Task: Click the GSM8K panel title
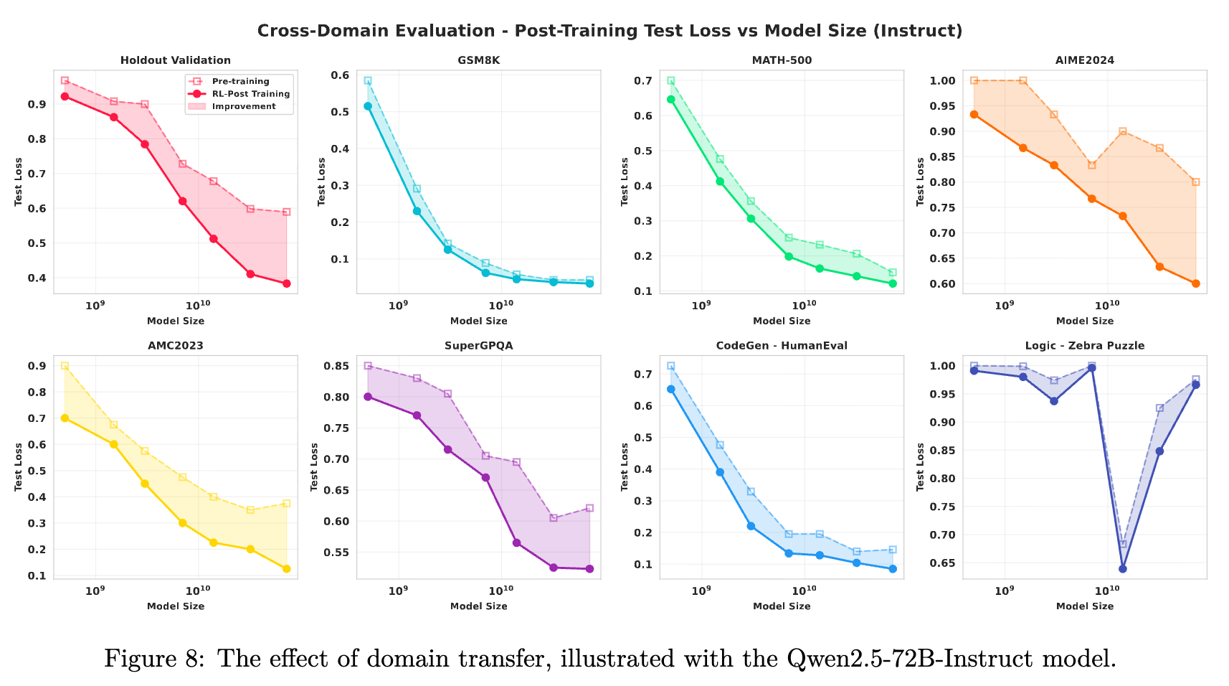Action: tap(478, 60)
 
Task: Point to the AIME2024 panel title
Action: tap(1084, 60)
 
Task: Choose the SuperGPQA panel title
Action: tap(478, 345)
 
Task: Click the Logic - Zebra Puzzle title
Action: tap(1084, 345)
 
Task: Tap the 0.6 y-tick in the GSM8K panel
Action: tap(341, 75)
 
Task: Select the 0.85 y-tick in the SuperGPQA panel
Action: tap(336, 366)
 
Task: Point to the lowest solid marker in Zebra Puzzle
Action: tap(1123, 569)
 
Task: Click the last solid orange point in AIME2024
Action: tap(1196, 283)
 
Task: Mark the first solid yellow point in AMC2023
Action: tap(65, 418)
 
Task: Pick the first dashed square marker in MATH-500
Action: tap(671, 81)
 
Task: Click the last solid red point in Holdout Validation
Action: tap(287, 283)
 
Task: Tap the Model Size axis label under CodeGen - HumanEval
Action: tap(782, 606)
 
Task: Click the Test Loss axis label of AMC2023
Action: tap(19, 467)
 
